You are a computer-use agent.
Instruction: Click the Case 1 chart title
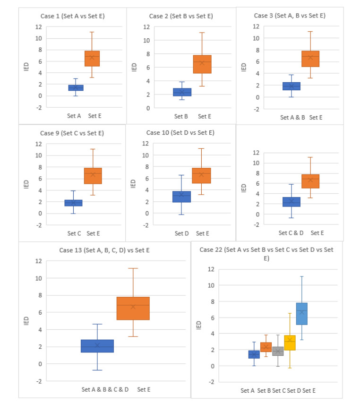click(72, 16)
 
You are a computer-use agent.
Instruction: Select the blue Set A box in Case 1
click(76, 88)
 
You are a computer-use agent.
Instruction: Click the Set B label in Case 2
click(181, 116)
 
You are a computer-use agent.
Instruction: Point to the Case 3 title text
click(290, 15)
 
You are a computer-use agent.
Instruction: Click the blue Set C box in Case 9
click(73, 203)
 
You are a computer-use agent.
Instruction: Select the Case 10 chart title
click(180, 133)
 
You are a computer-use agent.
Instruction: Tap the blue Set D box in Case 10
click(181, 197)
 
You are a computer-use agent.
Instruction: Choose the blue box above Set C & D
click(291, 202)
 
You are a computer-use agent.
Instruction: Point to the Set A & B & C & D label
click(104, 390)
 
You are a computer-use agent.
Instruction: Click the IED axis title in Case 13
click(26, 321)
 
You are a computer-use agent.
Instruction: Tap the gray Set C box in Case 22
click(278, 352)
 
